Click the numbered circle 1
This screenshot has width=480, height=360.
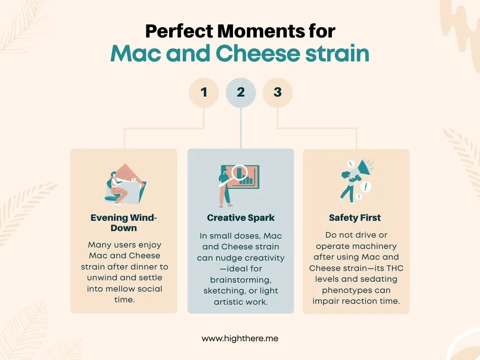(x=204, y=92)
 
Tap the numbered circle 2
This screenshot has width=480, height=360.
(x=240, y=92)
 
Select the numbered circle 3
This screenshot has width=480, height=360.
(x=277, y=92)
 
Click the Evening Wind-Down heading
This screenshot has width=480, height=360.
(x=124, y=223)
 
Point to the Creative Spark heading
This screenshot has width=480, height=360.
(x=240, y=217)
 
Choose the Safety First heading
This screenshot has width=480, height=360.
(x=355, y=217)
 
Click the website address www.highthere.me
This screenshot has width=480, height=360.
(x=240, y=338)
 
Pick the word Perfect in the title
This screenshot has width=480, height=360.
(x=179, y=31)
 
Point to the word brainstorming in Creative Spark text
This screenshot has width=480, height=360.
(x=240, y=280)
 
